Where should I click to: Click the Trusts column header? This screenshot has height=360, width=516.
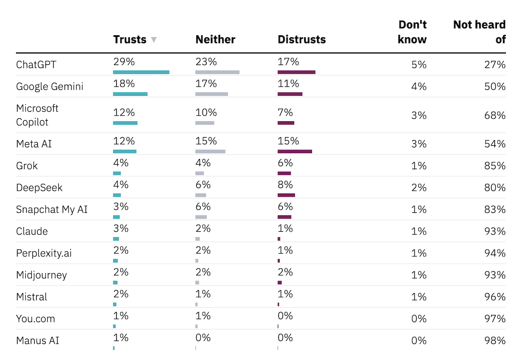(129, 40)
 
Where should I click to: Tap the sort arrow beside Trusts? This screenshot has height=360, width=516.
(154, 40)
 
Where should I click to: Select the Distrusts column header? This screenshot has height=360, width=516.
(301, 40)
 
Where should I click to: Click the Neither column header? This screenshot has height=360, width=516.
(215, 40)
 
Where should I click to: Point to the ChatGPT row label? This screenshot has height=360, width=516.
(36, 64)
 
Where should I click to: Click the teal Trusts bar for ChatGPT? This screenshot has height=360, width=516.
(141, 72)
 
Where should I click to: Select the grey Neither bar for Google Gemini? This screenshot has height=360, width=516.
(212, 94)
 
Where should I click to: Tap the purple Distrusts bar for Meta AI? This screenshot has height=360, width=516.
(295, 151)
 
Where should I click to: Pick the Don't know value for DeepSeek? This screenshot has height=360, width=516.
(419, 187)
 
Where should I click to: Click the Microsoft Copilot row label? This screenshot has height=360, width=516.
(37, 115)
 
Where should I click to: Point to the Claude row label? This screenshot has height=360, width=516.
(32, 231)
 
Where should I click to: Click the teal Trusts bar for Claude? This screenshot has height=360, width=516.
(116, 239)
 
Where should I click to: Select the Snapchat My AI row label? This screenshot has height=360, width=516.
(52, 209)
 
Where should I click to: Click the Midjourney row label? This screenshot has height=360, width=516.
(41, 275)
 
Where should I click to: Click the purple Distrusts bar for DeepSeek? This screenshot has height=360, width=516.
(286, 195)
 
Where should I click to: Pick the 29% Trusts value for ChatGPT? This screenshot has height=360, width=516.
(123, 62)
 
